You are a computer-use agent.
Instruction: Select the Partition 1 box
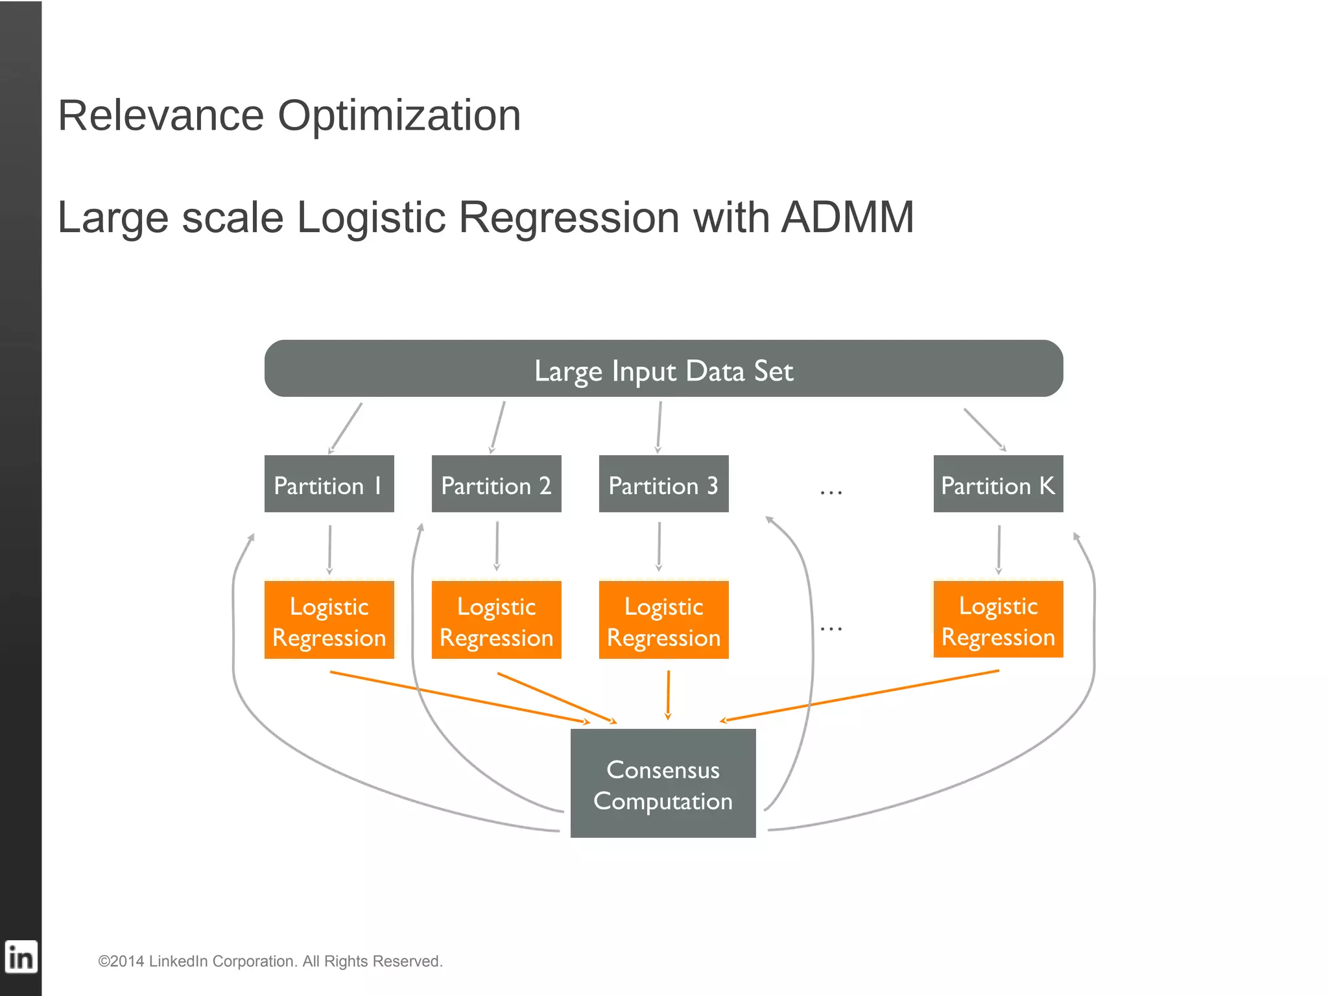pyautogui.click(x=329, y=484)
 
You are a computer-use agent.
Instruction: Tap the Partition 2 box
pyautogui.click(x=496, y=484)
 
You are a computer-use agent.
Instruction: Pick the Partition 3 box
pyautogui.click(x=663, y=484)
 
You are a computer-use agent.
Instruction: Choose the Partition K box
pyautogui.click(x=998, y=484)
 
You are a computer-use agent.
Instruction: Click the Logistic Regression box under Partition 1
pyautogui.click(x=329, y=621)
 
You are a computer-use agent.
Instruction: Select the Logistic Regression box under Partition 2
pyautogui.click(x=496, y=621)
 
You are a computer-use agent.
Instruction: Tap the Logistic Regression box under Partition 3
pyautogui.click(x=663, y=621)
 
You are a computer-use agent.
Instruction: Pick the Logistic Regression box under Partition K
pyautogui.click(x=998, y=620)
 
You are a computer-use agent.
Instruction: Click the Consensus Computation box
pyautogui.click(x=663, y=783)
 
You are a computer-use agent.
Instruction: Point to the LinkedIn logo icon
pyautogui.click(x=21, y=957)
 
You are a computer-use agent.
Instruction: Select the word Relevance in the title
pyautogui.click(x=161, y=115)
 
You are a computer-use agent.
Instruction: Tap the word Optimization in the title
pyautogui.click(x=399, y=115)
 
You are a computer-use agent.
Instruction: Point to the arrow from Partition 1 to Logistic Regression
pyautogui.click(x=329, y=549)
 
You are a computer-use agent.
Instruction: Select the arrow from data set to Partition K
pyautogui.click(x=984, y=429)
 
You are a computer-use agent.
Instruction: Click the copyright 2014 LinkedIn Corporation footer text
pyautogui.click(x=270, y=961)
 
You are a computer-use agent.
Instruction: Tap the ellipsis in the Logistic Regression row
pyautogui.click(x=831, y=628)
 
